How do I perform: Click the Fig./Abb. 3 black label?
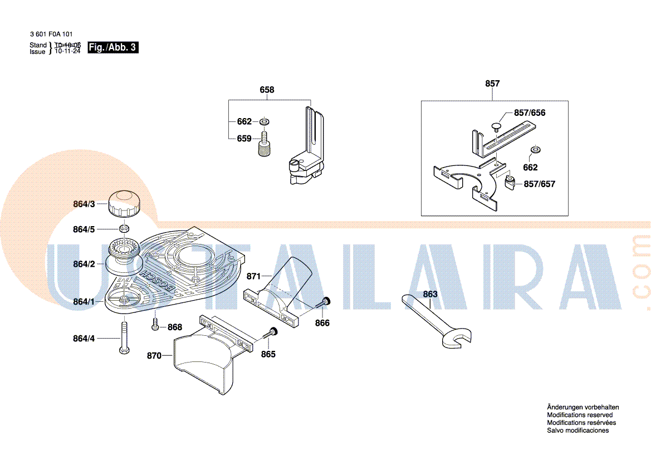112,47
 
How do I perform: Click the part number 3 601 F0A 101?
51,34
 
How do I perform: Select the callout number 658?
267,90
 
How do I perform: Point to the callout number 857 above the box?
492,84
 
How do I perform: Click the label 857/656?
530,113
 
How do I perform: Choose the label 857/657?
539,184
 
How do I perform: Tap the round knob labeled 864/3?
124,203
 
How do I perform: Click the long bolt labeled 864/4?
124,338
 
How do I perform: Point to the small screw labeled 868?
155,324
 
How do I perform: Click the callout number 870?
154,356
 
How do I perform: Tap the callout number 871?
254,276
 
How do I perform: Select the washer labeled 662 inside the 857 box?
536,149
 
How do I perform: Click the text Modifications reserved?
580,415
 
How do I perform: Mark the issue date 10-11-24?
68,51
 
